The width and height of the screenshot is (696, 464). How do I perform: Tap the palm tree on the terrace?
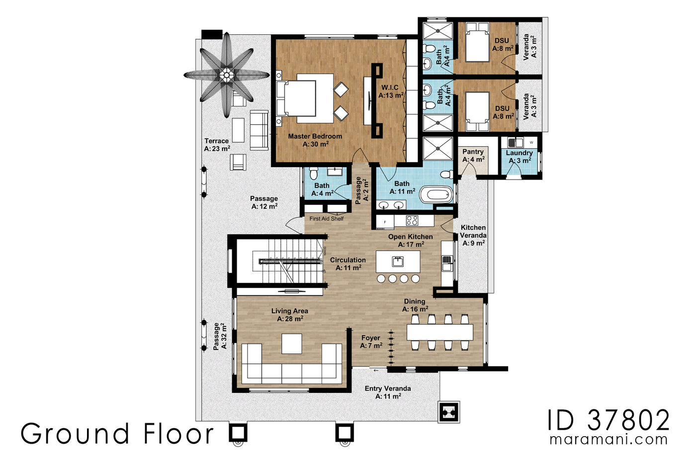point(227,75)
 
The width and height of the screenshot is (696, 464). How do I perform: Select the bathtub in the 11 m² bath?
point(436,194)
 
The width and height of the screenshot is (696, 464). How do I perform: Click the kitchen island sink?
point(397,261)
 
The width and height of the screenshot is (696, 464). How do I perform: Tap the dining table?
point(439,332)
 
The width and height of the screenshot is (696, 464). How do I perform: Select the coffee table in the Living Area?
point(292,344)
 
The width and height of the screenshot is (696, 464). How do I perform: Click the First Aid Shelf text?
point(327,218)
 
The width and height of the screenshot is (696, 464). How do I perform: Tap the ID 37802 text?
point(609,420)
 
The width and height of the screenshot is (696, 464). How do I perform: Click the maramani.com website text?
point(609,440)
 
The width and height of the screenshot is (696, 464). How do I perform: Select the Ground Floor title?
point(117,434)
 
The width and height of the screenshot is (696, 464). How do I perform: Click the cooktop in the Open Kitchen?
point(412,220)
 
